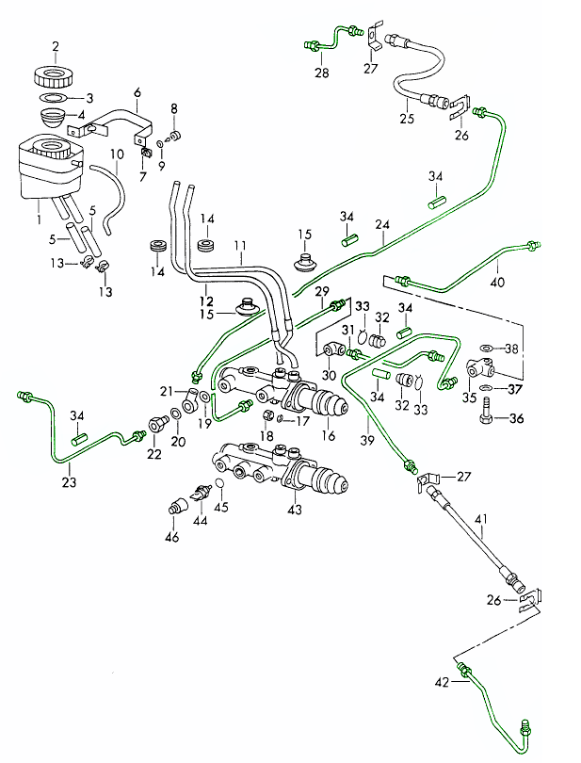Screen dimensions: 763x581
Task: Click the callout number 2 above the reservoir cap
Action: (x=55, y=46)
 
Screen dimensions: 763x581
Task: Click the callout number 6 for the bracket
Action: (x=137, y=92)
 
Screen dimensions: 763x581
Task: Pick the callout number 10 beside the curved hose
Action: (x=117, y=154)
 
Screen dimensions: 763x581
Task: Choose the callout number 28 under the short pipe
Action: (x=321, y=73)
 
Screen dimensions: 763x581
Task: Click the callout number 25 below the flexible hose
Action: (x=407, y=119)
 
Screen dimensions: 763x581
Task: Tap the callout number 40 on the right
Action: (x=498, y=280)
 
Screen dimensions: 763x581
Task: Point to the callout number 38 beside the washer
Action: (x=511, y=349)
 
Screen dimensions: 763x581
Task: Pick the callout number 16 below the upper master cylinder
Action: (x=328, y=435)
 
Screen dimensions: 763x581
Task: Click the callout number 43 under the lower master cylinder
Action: (x=295, y=510)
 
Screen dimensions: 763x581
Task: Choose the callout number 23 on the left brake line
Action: (x=69, y=481)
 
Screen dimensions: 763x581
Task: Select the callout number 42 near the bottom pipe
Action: (x=443, y=681)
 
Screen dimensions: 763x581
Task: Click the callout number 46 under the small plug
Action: (x=172, y=537)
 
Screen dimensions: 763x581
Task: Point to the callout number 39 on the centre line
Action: (x=366, y=440)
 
